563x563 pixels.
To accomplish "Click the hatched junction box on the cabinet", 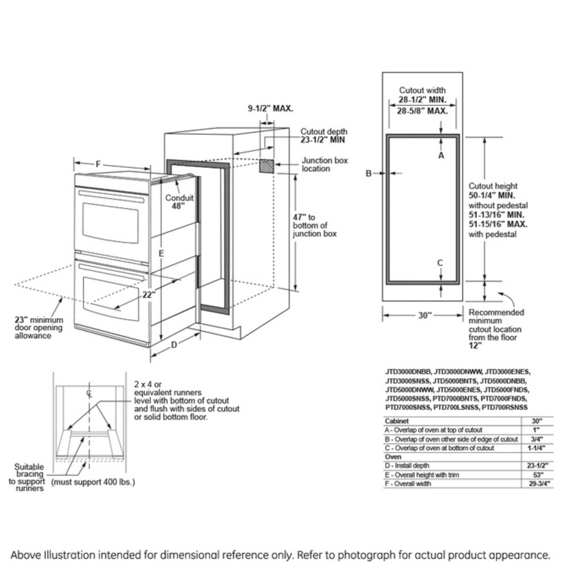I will click(267, 166).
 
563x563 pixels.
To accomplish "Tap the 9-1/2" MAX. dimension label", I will click(270, 109).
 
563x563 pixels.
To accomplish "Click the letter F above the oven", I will click(98, 164).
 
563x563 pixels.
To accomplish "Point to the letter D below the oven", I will click(174, 345).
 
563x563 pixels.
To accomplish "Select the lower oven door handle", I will click(113, 268).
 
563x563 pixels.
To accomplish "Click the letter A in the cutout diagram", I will click(441, 156).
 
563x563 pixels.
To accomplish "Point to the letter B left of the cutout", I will click(369, 174).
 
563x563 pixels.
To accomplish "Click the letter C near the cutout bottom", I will click(440, 263).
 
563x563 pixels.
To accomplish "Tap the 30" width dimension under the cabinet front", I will click(422, 316).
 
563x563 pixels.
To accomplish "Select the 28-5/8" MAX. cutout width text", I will click(422, 111).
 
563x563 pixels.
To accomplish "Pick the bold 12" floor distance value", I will click(475, 346).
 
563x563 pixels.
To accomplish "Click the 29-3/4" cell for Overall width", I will click(537, 484).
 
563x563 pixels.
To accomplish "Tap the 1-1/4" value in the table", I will click(537, 448).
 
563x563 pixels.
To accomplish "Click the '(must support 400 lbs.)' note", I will click(93, 482).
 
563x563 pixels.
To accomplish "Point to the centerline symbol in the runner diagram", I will click(89, 393).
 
